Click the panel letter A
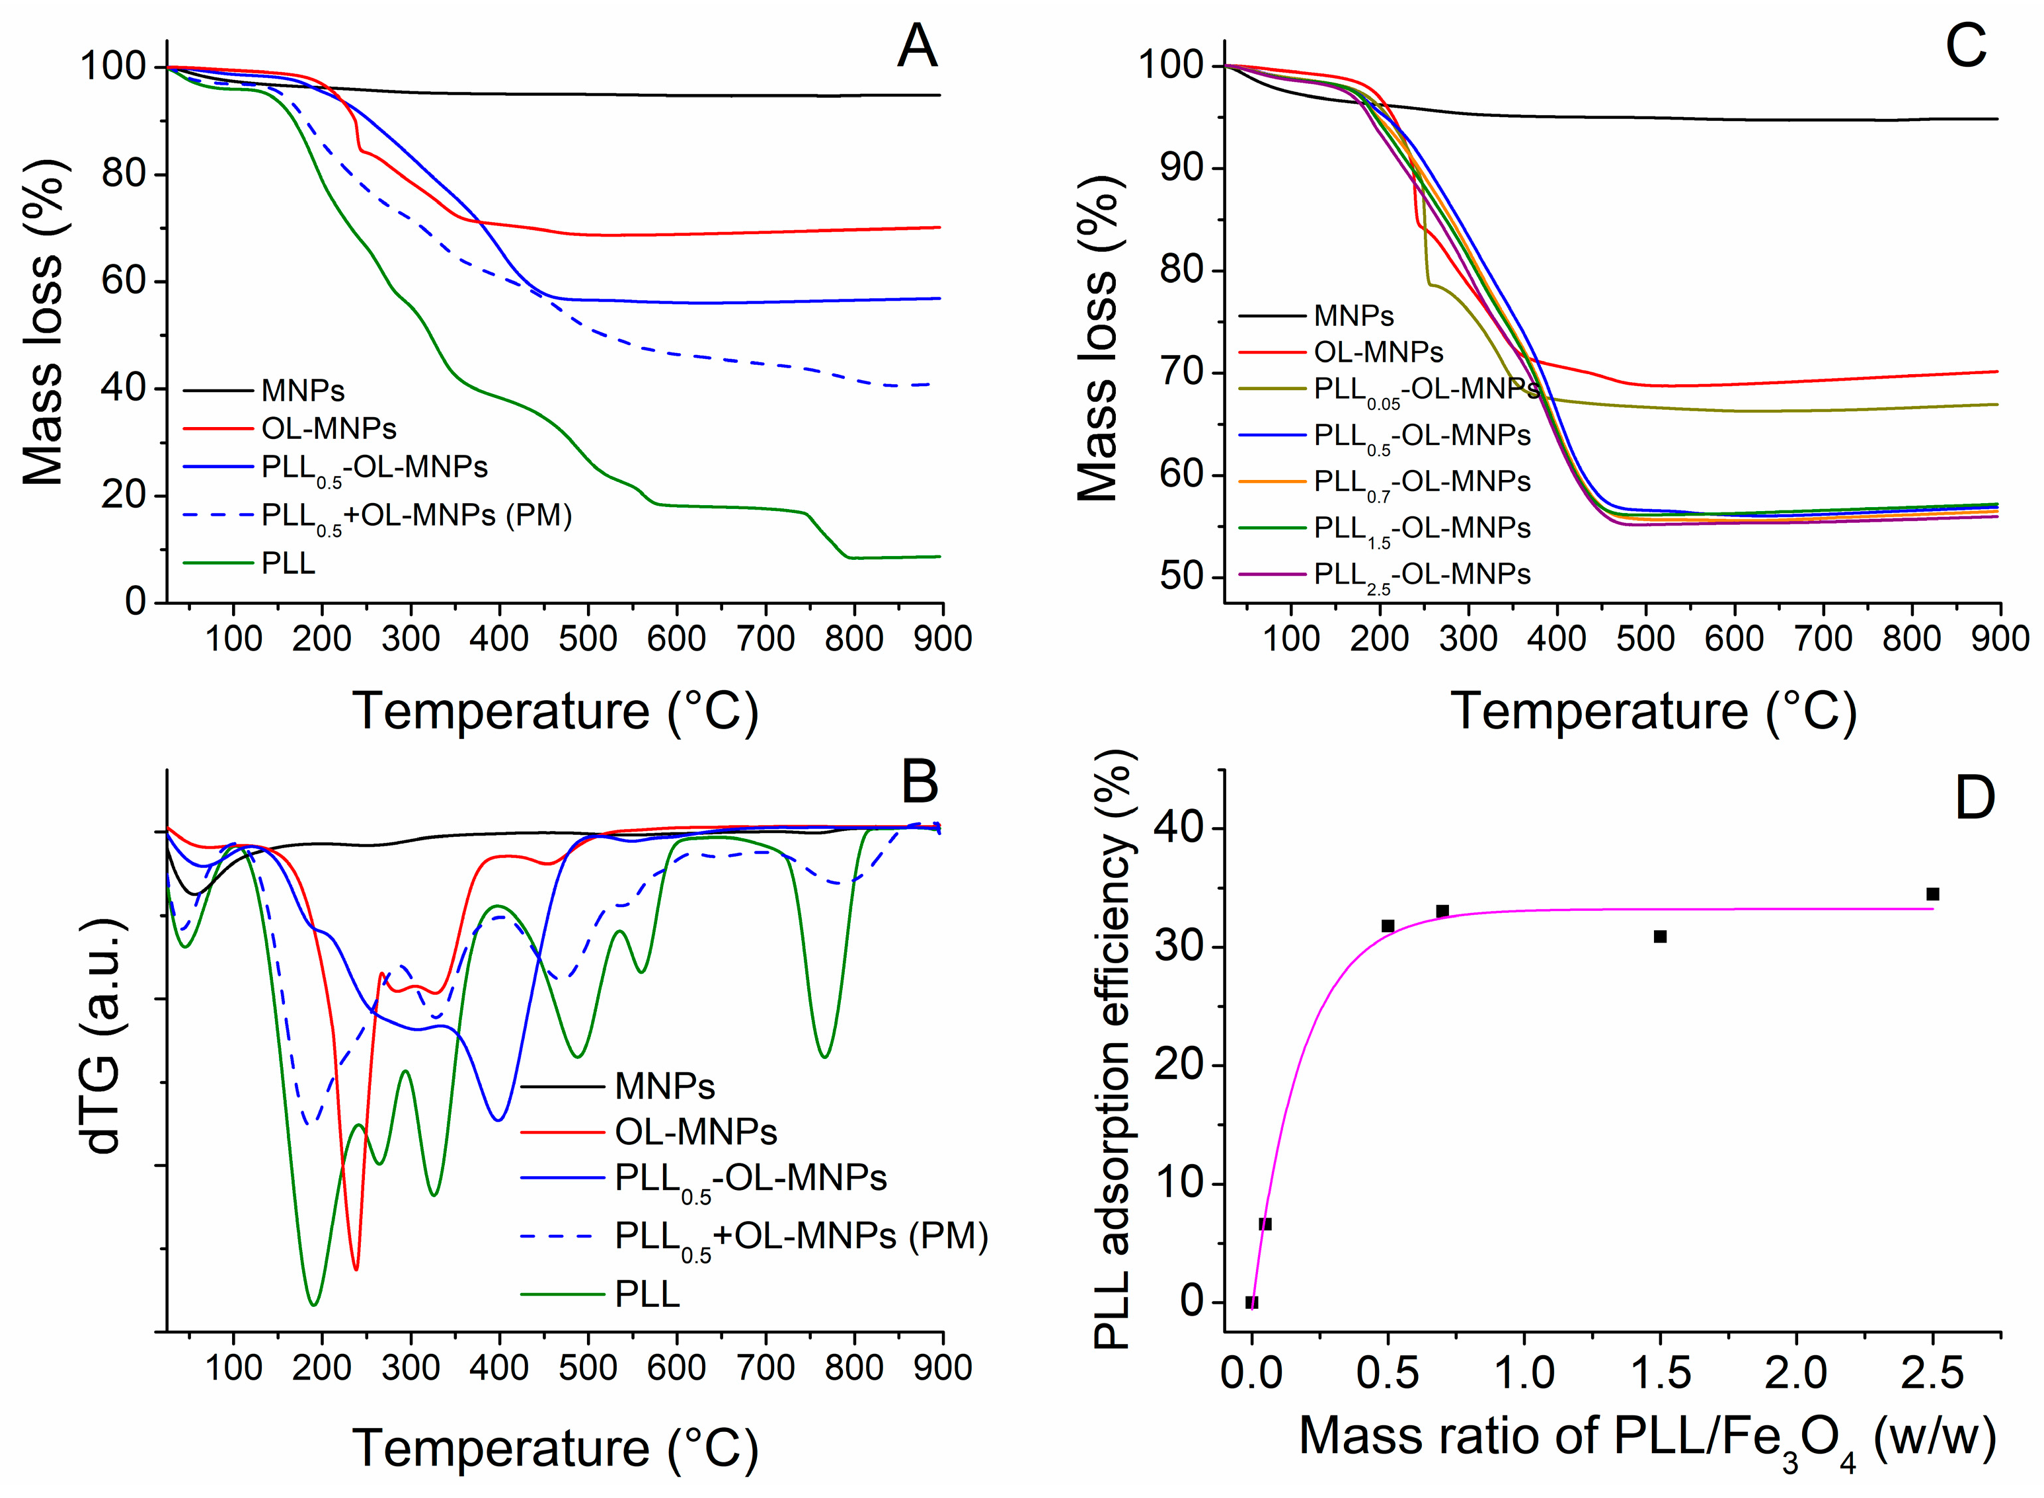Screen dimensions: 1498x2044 point(916,47)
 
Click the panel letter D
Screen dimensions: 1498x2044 point(1974,799)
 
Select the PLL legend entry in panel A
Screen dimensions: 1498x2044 point(288,563)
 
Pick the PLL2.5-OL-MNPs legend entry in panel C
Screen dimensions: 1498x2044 point(1422,575)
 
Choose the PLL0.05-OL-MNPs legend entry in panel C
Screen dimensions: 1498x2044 point(1425,390)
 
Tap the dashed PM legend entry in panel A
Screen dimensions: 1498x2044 point(416,516)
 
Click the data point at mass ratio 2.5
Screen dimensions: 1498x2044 point(1932,894)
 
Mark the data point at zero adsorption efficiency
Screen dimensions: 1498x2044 point(1251,1302)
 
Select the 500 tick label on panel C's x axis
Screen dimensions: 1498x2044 point(1645,639)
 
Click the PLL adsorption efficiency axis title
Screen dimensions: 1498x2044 point(1115,1048)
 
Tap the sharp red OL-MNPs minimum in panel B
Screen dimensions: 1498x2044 point(356,1269)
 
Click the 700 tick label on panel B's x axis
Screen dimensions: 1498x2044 point(766,1367)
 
